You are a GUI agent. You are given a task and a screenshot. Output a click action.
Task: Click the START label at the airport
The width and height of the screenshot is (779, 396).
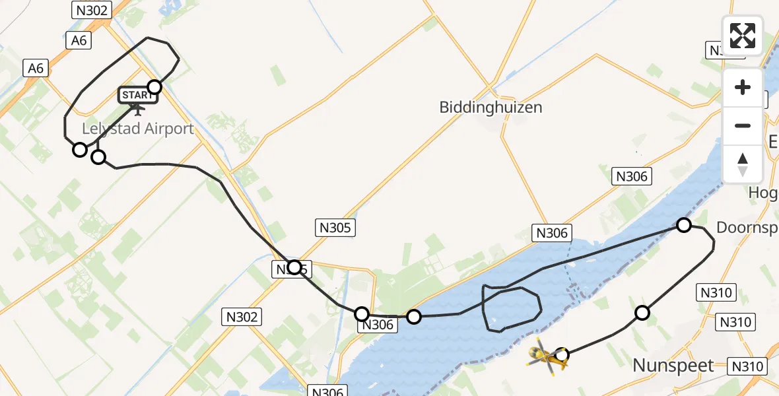coord(137,95)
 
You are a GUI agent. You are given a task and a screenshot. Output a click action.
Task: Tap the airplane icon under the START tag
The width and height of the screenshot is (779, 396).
coord(139,109)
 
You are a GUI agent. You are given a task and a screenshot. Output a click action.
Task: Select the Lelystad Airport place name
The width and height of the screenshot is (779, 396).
coord(139,129)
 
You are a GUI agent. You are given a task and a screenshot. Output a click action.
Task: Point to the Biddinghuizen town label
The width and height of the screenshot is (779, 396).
coord(491,107)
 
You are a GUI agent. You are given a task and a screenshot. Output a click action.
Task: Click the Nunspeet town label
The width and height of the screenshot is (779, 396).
coord(673,366)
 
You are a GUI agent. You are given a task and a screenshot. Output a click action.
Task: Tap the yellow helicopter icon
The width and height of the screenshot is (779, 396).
coord(545,356)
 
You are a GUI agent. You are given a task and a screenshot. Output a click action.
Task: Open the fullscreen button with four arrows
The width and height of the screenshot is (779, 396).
coord(743,35)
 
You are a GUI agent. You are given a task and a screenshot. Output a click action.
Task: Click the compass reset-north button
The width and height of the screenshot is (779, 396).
coord(743,164)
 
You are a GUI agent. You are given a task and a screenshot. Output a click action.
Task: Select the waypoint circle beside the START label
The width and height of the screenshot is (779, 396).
coord(154,87)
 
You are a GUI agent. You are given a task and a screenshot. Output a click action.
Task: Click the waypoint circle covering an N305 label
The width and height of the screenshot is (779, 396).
coord(294,267)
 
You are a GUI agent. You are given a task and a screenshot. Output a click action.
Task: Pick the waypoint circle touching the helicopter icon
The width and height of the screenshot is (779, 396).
coord(562,355)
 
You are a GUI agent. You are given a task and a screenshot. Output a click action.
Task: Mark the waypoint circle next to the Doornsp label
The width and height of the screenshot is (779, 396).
coord(684,225)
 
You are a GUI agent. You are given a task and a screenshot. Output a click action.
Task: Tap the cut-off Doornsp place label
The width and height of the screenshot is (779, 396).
coord(747,228)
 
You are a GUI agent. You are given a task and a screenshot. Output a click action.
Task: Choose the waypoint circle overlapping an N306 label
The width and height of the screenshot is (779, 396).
coord(362,313)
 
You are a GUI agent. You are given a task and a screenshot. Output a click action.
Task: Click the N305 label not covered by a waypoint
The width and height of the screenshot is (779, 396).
coord(334,228)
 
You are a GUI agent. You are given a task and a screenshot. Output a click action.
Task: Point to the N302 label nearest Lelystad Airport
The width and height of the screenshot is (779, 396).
coord(92,9)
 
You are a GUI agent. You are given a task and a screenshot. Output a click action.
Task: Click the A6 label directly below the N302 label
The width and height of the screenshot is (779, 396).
coord(79,40)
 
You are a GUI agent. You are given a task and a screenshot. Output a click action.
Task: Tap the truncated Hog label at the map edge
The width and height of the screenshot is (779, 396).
coord(764,192)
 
